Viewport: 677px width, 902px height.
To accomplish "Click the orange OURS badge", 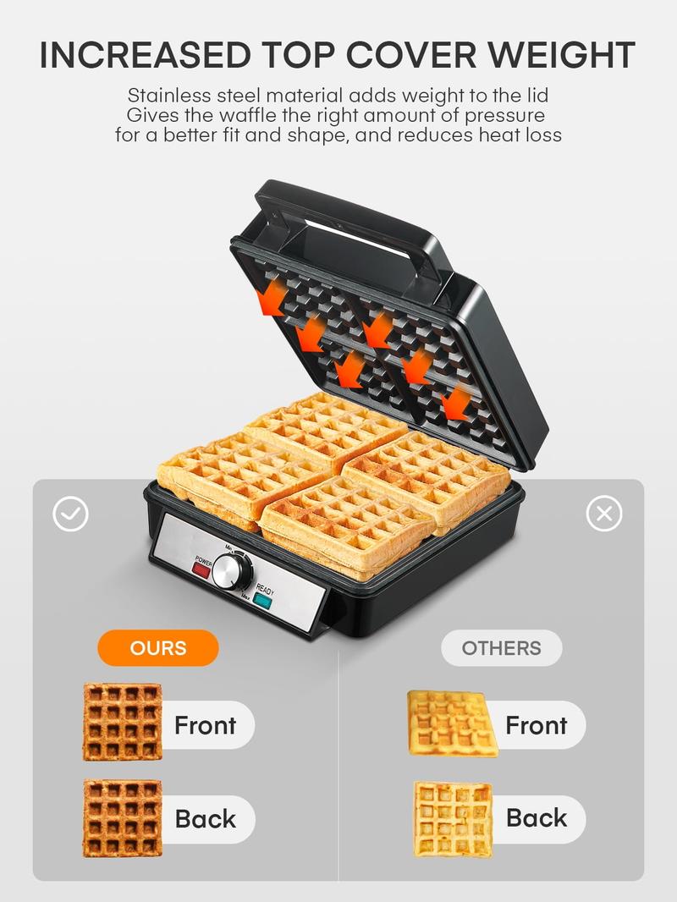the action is [x=158, y=648].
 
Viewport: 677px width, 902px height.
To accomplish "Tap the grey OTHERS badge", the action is [x=501, y=648].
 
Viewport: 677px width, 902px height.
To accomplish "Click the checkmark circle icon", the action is [x=70, y=514].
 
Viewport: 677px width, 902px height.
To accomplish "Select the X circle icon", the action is [x=604, y=513].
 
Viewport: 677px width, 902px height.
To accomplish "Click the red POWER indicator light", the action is [x=201, y=570].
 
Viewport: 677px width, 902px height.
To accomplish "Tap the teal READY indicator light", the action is [x=262, y=601].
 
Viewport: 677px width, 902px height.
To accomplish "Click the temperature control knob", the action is [x=233, y=572].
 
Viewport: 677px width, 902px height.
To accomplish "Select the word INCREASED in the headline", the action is [x=145, y=55].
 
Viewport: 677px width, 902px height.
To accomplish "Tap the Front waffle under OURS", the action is [x=123, y=722].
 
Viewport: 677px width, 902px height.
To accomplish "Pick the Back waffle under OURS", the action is [x=123, y=818].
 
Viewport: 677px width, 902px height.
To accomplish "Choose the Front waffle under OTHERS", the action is [x=453, y=723].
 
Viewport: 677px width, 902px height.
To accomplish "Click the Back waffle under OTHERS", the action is [x=454, y=818].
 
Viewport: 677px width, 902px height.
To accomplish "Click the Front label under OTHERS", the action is [x=536, y=725].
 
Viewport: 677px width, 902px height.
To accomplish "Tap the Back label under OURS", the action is [x=206, y=818].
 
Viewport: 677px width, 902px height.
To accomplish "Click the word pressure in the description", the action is [x=504, y=116].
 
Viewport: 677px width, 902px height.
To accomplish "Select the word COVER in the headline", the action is [x=410, y=55].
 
